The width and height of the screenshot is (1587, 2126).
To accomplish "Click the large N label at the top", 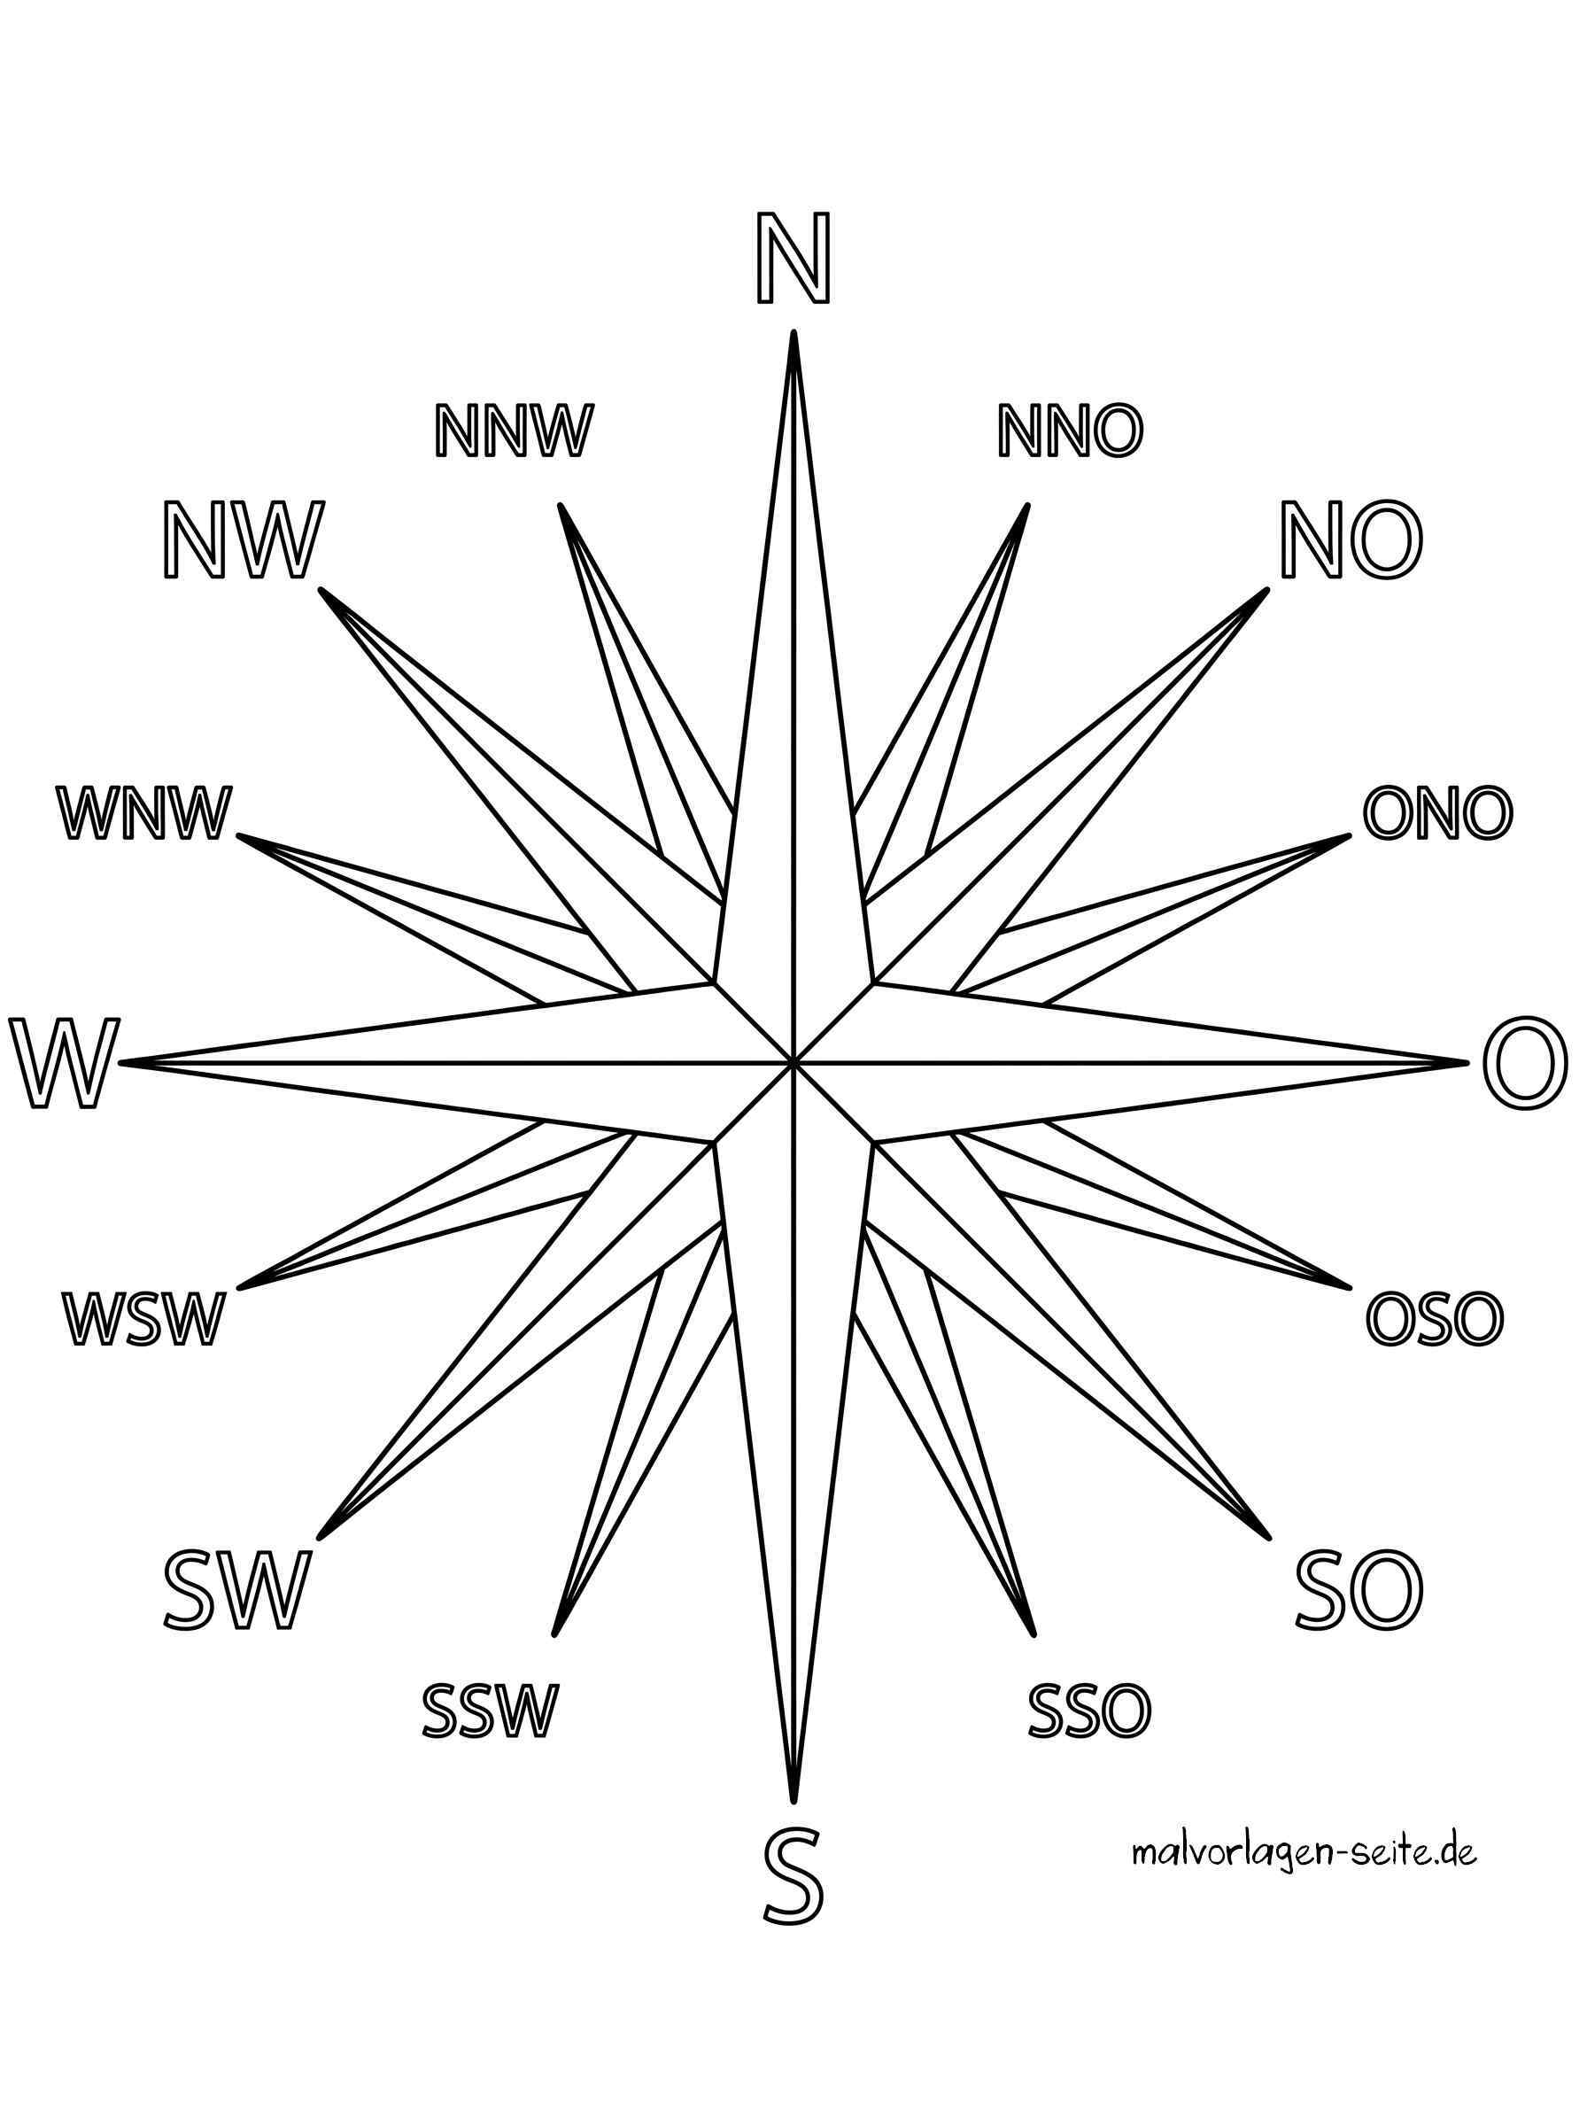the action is pos(792,258).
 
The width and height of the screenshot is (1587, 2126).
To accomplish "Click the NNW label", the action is pos(512,431).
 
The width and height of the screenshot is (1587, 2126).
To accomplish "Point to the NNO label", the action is pos(1071,431).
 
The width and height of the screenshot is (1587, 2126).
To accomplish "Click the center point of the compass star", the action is pos(793,1062).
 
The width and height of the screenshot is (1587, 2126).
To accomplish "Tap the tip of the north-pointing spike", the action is pos(793,332).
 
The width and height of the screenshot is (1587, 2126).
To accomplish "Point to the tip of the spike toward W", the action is pos(123,1062).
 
